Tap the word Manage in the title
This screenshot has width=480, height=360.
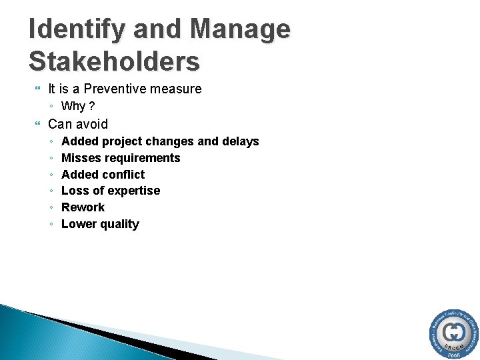coord(240,30)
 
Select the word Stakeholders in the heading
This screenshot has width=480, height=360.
coord(114,61)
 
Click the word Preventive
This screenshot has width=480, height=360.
coord(116,89)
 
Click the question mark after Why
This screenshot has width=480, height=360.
coord(91,106)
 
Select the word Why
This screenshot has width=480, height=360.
coord(73,106)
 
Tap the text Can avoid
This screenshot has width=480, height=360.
coord(77,124)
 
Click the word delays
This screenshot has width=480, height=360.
coord(240,141)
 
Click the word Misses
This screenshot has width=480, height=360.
coord(80,158)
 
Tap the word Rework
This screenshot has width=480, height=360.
coord(83,207)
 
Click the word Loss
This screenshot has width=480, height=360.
coord(75,191)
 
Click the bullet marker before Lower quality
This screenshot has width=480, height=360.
coord(52,224)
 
